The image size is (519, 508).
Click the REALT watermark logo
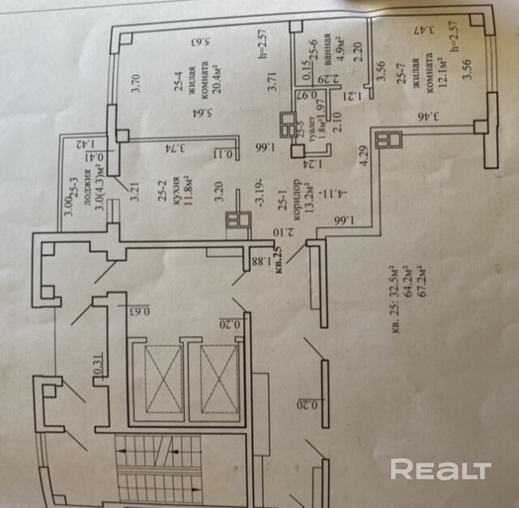441,469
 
